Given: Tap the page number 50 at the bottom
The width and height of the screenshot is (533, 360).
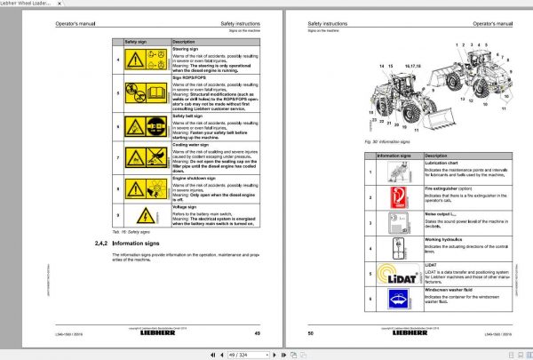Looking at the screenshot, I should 312,333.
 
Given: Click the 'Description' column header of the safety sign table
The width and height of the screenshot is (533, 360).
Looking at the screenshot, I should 184,42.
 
